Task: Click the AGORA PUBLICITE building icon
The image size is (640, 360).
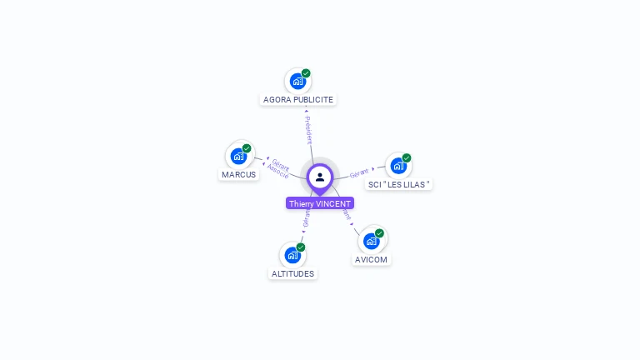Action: (297, 82)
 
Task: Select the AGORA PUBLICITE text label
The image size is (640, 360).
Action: (298, 100)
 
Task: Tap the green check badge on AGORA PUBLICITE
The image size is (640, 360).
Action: (306, 73)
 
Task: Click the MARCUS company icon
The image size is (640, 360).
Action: (238, 156)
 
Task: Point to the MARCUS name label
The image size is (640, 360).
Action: (239, 175)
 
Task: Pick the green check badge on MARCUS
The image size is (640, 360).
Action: (247, 148)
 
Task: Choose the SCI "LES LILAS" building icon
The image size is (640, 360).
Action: (398, 165)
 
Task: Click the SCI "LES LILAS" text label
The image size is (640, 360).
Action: (399, 184)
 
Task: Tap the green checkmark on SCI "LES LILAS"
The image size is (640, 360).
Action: (407, 157)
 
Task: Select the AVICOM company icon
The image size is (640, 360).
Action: (371, 241)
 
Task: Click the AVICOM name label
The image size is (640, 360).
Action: (372, 260)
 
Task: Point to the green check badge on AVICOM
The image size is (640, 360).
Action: (379, 233)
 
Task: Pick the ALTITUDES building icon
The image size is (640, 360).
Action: (292, 255)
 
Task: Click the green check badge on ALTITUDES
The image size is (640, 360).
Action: (301, 247)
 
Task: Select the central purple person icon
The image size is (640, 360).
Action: (320, 177)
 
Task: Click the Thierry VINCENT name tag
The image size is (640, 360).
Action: (320, 203)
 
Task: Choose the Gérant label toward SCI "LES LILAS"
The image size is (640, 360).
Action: (359, 173)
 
